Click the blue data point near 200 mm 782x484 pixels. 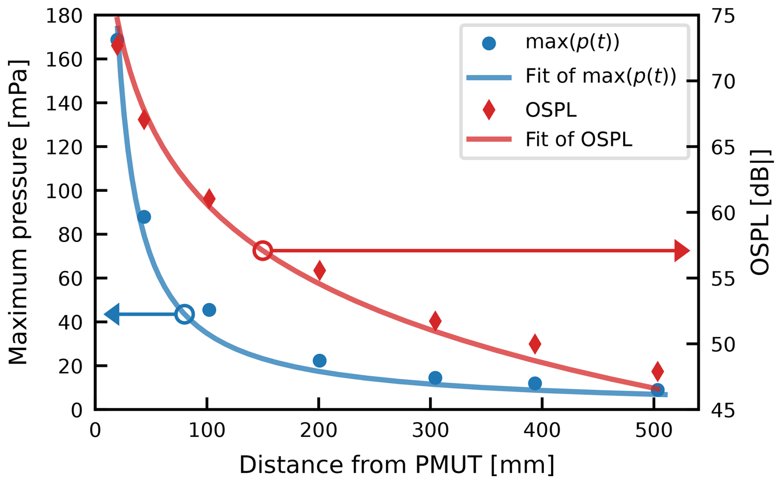pos(319,361)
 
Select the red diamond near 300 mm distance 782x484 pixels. pos(435,321)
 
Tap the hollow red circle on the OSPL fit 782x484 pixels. pos(262,251)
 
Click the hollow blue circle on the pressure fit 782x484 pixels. pos(184,314)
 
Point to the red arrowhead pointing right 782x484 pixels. pos(681,251)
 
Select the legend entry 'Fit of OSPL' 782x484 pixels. pos(578,140)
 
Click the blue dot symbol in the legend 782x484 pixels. pos(489,43)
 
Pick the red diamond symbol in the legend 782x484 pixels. pos(489,110)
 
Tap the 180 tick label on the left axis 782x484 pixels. pos(64,17)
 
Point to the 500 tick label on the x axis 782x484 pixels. pos(653,431)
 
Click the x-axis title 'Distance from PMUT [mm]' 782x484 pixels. pos(396,465)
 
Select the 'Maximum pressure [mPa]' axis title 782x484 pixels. pos(18,212)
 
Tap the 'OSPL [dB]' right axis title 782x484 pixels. pos(760,212)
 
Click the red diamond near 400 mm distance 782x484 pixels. pos(535,344)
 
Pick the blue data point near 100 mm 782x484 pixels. pos(209,310)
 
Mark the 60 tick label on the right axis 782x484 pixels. pos(723,213)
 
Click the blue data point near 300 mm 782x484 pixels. pos(435,378)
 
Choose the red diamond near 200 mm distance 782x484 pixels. pos(319,271)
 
